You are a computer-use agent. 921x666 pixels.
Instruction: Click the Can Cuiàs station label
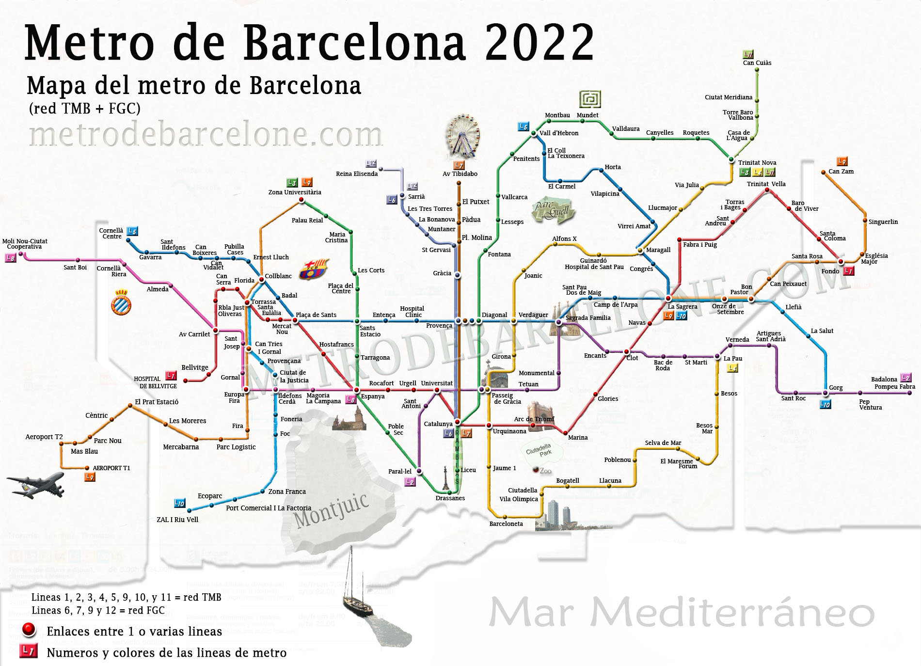(757, 63)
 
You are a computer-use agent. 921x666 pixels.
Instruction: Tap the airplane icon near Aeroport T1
(36, 484)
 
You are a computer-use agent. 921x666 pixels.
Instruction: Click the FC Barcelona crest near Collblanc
(314, 269)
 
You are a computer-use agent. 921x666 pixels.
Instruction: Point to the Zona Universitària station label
(295, 192)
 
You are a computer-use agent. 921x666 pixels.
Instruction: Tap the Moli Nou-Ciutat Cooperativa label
(25, 244)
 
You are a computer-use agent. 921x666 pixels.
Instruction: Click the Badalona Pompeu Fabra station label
(894, 383)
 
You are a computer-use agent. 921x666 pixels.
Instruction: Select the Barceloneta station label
(506, 523)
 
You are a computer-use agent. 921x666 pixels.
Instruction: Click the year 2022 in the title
(539, 43)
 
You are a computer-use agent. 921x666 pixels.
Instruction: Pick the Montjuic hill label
(332, 510)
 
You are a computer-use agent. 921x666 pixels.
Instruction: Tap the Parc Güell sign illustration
(553, 210)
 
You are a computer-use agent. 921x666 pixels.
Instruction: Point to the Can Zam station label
(841, 171)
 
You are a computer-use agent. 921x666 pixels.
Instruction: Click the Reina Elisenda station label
(356, 174)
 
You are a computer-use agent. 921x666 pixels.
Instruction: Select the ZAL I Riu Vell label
(177, 519)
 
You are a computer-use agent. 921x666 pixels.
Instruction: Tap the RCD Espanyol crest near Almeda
(121, 302)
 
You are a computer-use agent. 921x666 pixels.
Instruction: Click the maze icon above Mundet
(590, 99)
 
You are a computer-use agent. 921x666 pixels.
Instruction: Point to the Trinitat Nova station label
(757, 162)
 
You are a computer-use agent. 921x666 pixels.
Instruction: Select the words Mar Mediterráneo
(682, 613)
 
